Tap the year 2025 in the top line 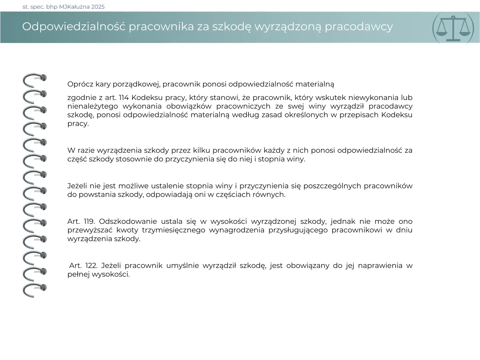coord(98,7)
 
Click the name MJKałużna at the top coord(74,7)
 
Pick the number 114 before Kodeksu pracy coord(124,98)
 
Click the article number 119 coord(89,222)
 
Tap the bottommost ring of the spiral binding coord(34,290)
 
